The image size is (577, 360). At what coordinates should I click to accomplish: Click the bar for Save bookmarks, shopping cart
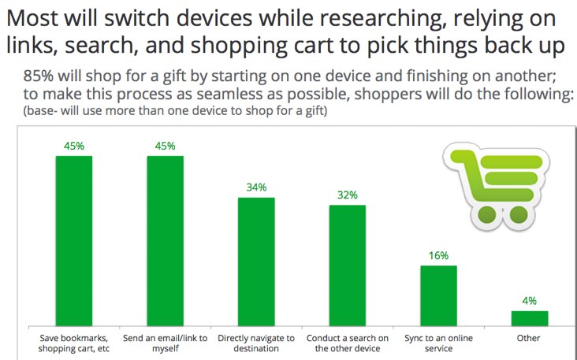click(73, 240)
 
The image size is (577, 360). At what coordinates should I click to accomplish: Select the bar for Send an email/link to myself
click(165, 240)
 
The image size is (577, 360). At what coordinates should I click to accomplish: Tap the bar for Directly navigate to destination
click(256, 262)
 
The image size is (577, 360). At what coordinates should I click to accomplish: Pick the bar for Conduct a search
click(347, 265)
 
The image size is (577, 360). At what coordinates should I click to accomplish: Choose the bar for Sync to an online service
click(438, 295)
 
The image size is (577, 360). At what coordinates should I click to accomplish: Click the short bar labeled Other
click(529, 318)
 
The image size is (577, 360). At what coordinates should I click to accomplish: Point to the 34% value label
click(256, 187)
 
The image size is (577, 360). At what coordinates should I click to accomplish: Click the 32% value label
click(347, 195)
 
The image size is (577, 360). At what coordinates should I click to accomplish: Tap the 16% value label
click(438, 255)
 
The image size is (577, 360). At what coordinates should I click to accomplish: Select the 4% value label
click(529, 301)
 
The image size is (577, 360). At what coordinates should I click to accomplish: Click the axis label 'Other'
click(529, 339)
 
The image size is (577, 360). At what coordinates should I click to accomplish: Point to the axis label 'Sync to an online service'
click(438, 343)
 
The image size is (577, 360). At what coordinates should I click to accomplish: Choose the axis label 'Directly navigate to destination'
click(256, 343)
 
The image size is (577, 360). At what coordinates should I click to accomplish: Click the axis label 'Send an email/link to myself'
click(165, 343)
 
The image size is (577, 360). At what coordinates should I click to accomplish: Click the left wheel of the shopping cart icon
click(487, 211)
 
